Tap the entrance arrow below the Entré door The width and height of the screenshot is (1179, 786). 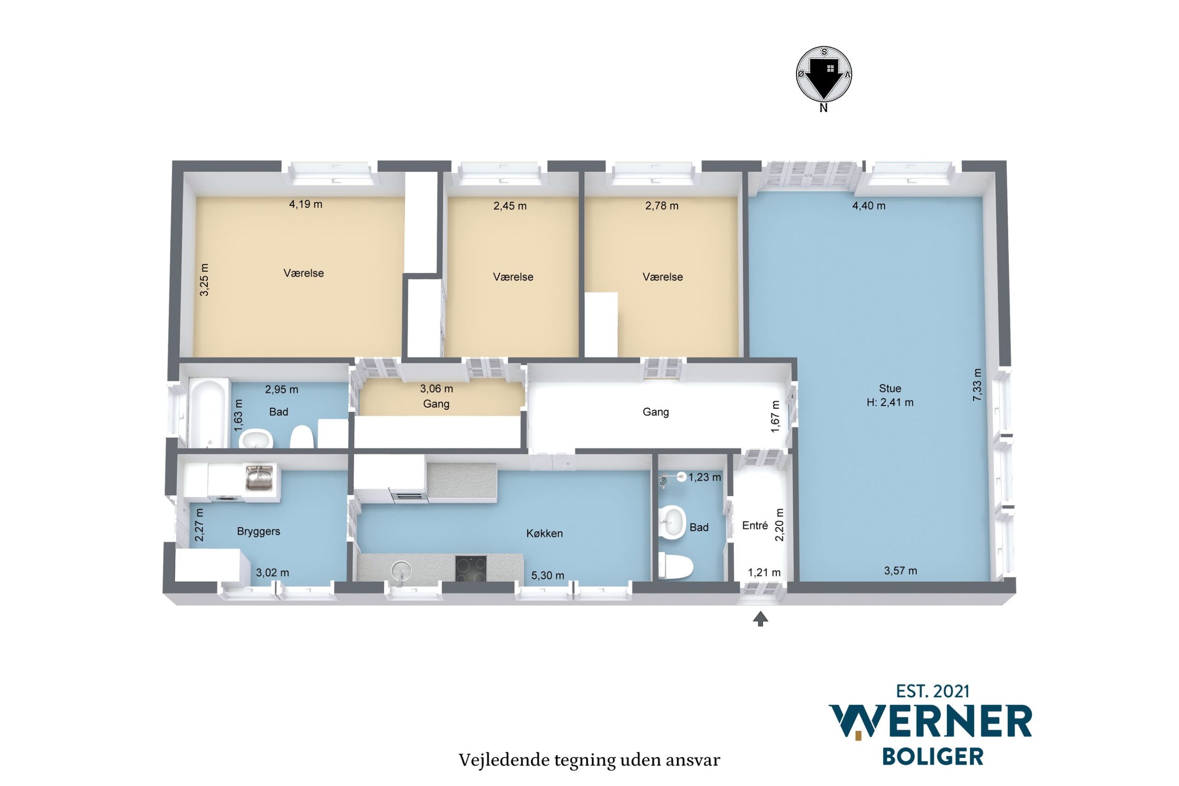760,619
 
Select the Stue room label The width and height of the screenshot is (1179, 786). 890,388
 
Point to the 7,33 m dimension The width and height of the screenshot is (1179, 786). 977,385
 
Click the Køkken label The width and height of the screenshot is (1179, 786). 544,534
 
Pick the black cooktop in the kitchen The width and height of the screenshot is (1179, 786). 471,569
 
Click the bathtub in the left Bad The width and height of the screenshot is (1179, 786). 207,412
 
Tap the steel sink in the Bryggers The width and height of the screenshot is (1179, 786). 259,478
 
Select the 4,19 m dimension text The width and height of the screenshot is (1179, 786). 306,204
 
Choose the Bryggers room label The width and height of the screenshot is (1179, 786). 258,531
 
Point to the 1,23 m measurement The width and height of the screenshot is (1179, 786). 705,477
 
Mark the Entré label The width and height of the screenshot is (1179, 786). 754,525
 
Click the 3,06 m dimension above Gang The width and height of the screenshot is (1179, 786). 437,388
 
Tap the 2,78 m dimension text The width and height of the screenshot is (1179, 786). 661,205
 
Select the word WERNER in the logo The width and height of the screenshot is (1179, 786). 930,722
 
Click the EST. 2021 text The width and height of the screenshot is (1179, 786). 933,692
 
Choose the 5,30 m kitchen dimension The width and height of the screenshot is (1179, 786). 548,575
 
